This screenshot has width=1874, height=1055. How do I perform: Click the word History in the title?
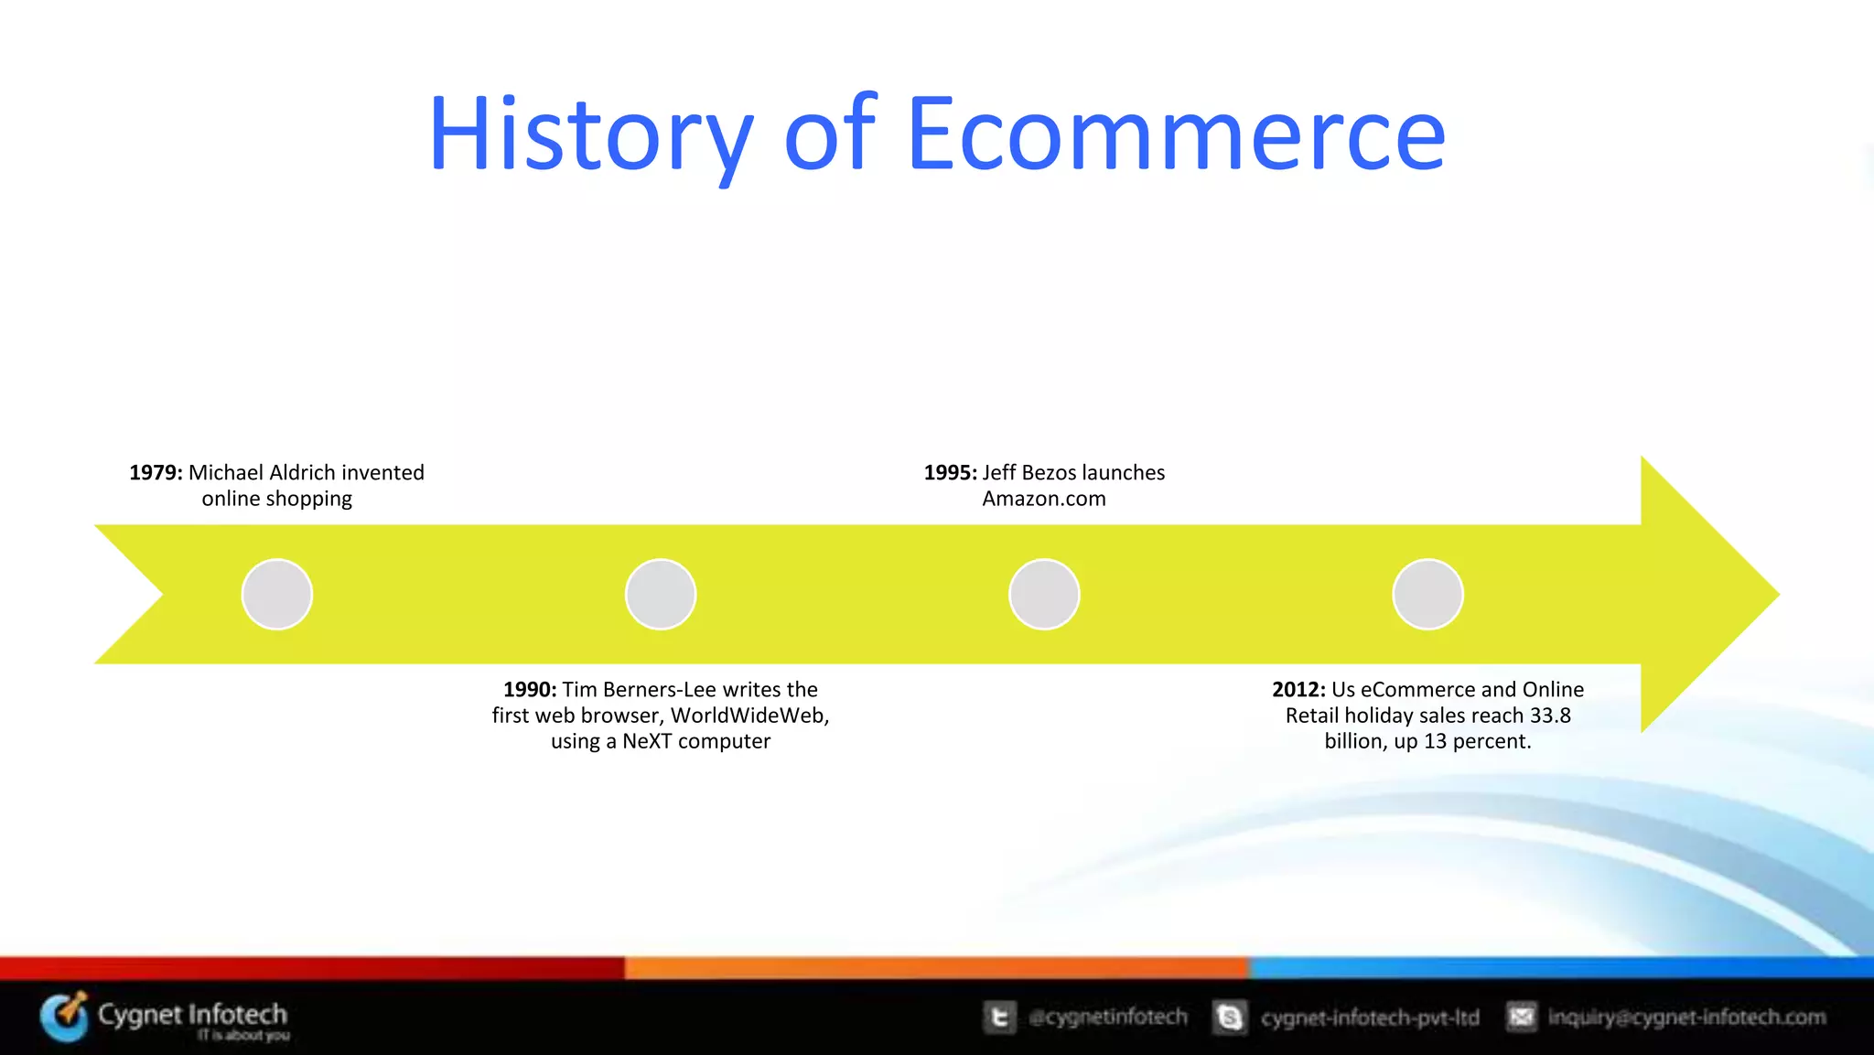click(590, 135)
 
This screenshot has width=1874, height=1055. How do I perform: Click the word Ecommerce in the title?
click(1176, 135)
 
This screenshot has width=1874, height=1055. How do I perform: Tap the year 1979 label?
click(156, 473)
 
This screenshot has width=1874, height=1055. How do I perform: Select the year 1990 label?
click(530, 690)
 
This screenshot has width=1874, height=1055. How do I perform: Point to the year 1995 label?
click(950, 473)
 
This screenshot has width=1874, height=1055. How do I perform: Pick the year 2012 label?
click(1298, 690)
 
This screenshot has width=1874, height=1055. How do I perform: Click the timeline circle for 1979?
click(277, 595)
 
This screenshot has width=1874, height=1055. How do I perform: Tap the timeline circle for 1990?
click(661, 595)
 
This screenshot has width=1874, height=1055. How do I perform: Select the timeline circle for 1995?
click(1044, 595)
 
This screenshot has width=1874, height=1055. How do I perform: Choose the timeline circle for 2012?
click(1427, 595)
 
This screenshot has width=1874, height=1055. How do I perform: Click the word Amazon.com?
click(1044, 500)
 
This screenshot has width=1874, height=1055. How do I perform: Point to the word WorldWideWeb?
click(749, 716)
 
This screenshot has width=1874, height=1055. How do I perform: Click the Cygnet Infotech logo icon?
click(65, 1017)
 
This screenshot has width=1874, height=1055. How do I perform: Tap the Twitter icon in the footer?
click(999, 1017)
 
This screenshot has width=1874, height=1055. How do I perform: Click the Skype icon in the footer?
click(1230, 1017)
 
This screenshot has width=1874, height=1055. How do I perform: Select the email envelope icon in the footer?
click(1522, 1017)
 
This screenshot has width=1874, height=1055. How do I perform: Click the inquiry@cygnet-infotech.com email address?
click(1686, 1017)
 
